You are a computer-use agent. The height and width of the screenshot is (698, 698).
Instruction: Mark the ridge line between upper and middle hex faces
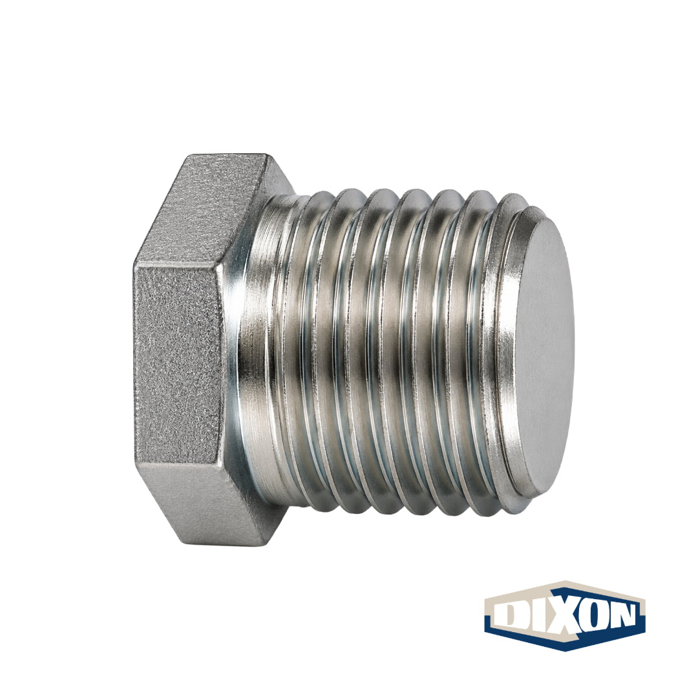[x=178, y=266]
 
